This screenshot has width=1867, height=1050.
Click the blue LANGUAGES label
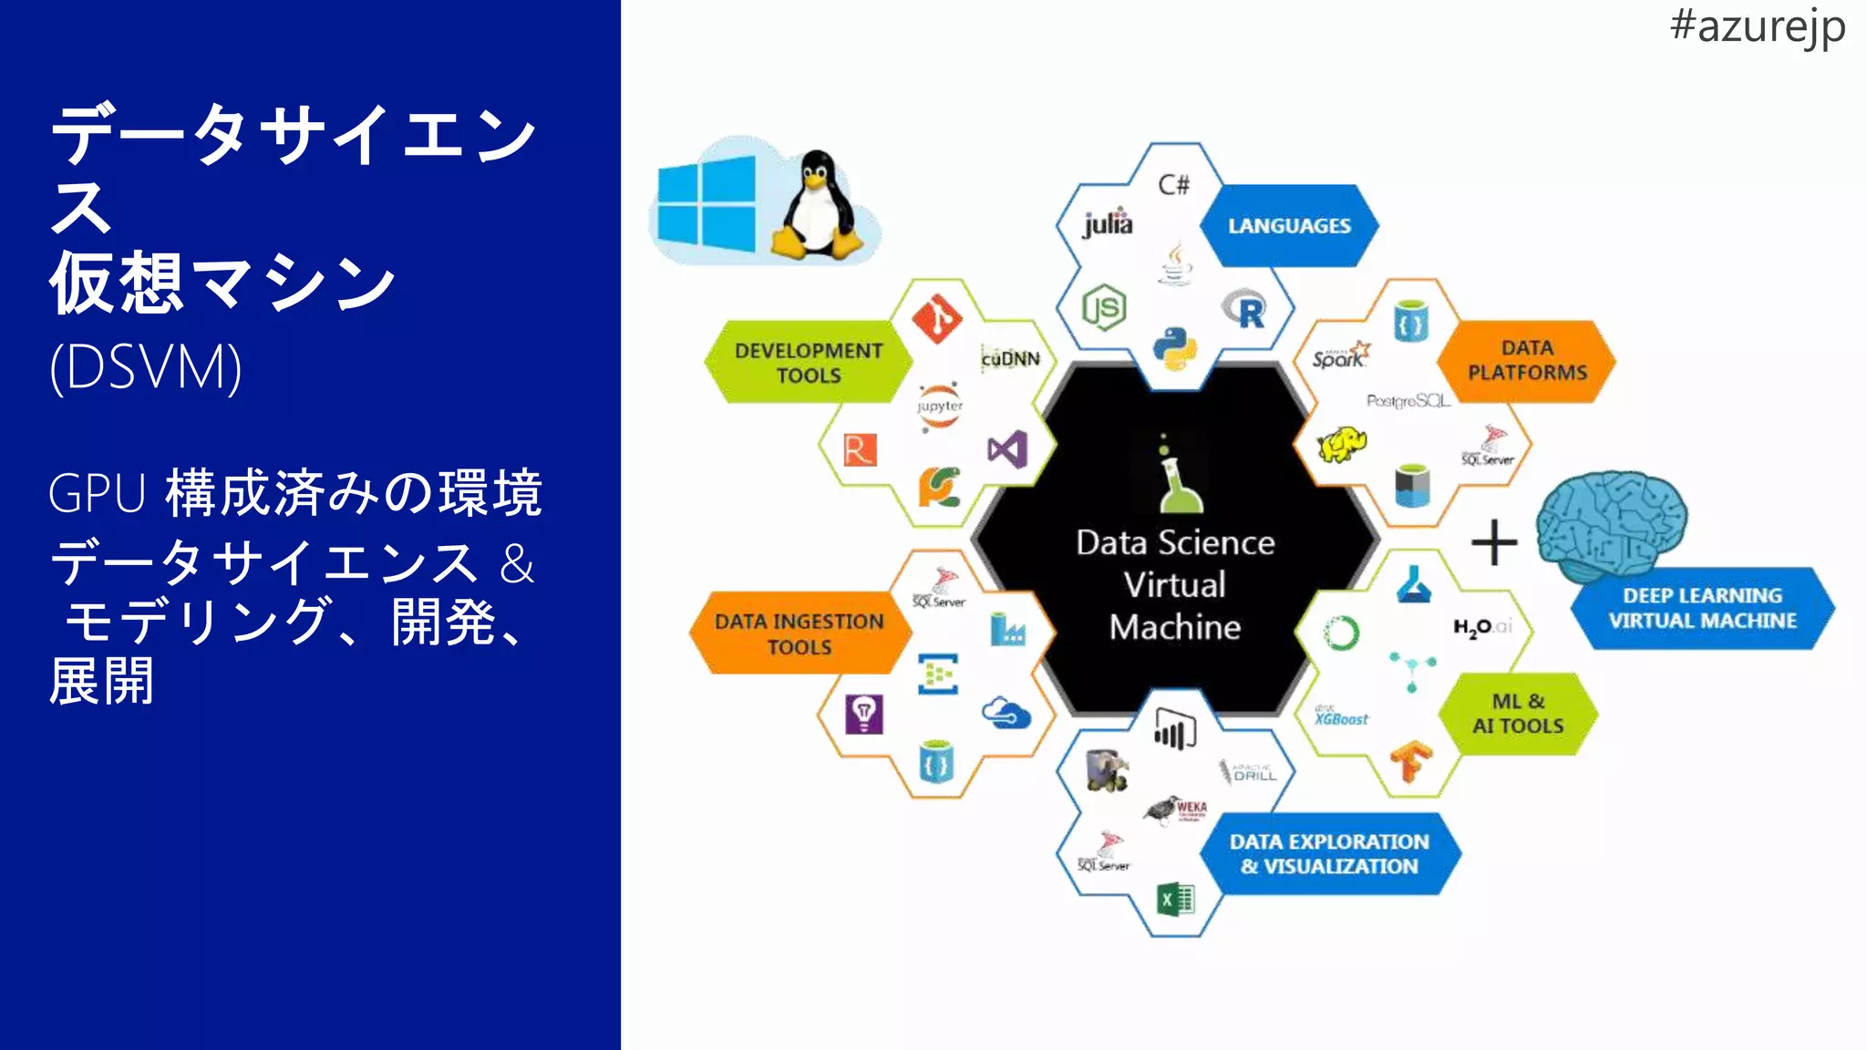pos(1289,226)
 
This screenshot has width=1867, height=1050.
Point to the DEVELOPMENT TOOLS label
pos(809,363)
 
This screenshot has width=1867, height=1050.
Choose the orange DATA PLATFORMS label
pos(1527,361)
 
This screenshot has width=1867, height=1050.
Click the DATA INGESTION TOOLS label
pos(799,633)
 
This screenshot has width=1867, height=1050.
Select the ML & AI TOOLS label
pos(1518,714)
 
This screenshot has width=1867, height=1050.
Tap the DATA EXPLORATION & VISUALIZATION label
pos(1329,854)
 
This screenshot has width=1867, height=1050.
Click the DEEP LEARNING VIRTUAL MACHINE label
pos(1702,608)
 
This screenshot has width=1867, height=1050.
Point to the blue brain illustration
pos(1611,524)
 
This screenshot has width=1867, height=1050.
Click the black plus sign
pos(1494,542)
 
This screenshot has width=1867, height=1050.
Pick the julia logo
pos(1108,223)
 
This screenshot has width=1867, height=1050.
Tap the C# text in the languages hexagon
pos(1174,185)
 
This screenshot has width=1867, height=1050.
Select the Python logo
pos(1174,348)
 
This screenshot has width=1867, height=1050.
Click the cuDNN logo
pos(1010,359)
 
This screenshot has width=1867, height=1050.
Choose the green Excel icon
pos(1175,900)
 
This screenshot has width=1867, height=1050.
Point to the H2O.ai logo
pos(1482,627)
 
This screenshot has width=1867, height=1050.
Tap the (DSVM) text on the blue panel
pos(146,367)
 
